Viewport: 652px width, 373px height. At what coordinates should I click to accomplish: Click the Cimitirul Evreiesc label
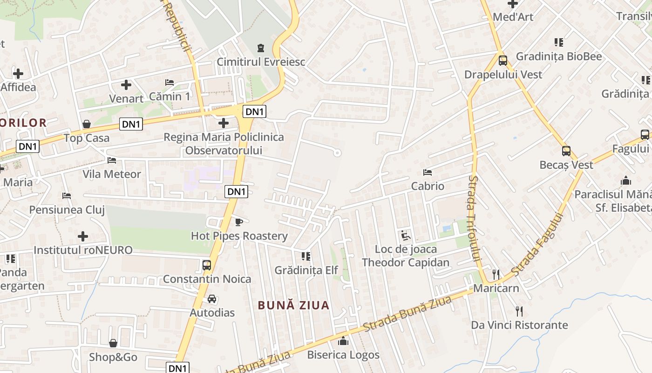(261, 62)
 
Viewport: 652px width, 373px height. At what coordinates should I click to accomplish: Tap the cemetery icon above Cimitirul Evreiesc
(261, 48)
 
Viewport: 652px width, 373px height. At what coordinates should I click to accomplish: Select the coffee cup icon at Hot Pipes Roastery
(239, 222)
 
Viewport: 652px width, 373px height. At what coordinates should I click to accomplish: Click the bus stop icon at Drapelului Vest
(503, 60)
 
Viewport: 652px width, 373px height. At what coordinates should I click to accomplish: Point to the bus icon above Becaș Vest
(566, 151)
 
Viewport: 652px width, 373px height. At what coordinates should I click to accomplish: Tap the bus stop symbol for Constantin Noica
(207, 265)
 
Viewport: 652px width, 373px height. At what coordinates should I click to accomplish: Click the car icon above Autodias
(212, 299)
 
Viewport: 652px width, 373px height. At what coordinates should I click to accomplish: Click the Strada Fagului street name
(537, 244)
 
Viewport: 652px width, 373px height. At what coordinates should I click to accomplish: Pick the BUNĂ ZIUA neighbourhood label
(294, 305)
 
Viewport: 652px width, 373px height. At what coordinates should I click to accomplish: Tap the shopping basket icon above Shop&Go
(113, 343)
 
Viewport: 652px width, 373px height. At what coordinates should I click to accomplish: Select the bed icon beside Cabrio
(428, 173)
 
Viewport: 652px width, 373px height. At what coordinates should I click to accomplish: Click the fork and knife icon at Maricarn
(496, 274)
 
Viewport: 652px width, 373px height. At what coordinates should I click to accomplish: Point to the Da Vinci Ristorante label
(519, 325)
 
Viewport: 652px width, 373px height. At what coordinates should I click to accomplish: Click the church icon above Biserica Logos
(343, 341)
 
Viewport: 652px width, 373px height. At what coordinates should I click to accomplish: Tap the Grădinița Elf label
(306, 270)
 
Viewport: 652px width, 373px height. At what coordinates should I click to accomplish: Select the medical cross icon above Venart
(126, 85)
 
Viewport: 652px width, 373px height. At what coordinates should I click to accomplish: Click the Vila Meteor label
(112, 174)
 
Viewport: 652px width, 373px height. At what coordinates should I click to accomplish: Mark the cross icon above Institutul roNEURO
(83, 236)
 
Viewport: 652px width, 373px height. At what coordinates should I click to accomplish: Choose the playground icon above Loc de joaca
(406, 235)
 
